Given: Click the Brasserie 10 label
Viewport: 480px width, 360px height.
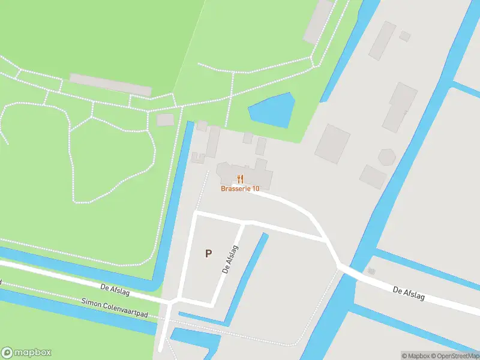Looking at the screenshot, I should (239, 188).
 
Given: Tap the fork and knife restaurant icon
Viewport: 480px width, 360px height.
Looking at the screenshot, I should (240, 178).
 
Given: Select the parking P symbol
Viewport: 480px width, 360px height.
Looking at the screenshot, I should (208, 253).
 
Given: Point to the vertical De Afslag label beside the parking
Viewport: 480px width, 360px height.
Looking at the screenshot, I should (230, 259).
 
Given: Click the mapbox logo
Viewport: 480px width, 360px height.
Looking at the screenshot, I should (26, 353).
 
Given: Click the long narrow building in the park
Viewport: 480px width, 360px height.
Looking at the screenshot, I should (110, 85).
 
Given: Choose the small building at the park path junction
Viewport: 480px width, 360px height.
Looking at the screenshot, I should (165, 119).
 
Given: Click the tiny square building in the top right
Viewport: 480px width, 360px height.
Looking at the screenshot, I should (405, 36).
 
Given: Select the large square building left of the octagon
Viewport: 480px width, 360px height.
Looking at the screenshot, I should (332, 143).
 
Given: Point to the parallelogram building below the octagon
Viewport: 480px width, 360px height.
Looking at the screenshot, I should (373, 176).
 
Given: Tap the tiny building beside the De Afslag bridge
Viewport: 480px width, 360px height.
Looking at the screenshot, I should (371, 271).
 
